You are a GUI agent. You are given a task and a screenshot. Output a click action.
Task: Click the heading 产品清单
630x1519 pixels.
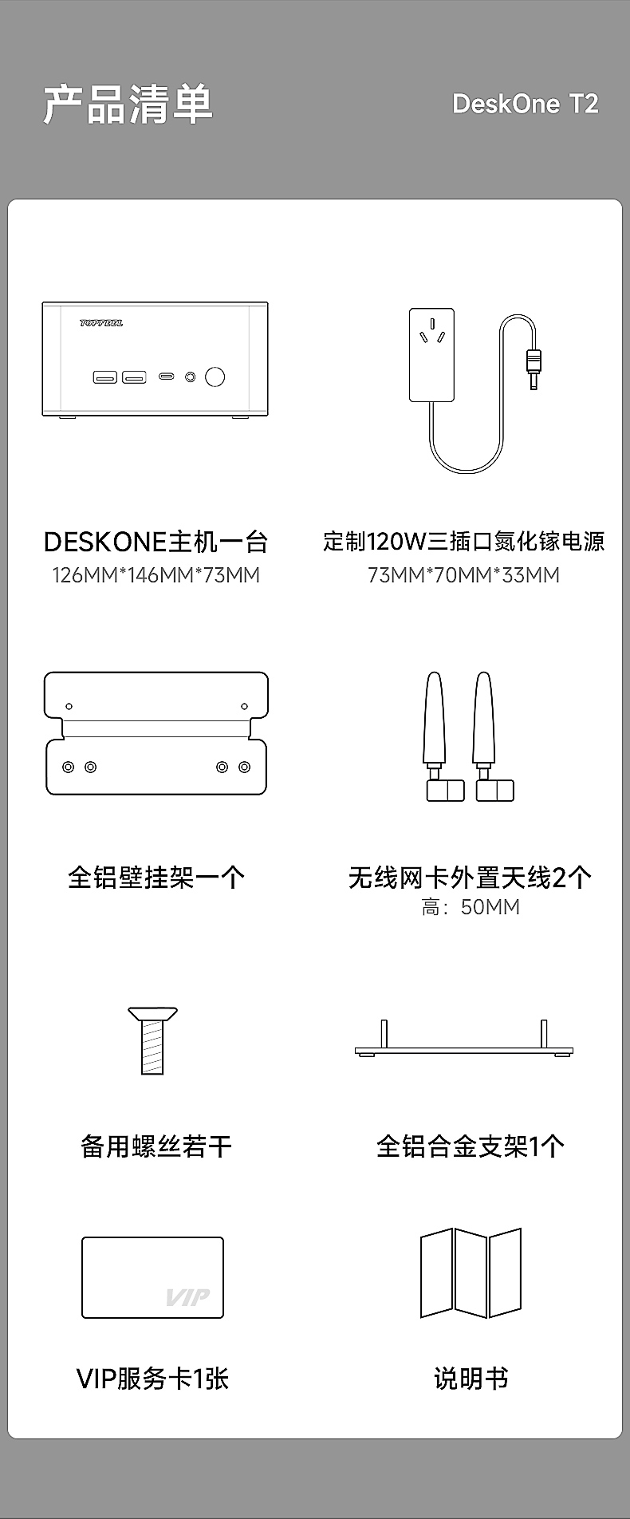[x=128, y=104]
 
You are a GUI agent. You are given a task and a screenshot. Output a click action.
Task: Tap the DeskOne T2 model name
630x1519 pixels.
[x=525, y=104]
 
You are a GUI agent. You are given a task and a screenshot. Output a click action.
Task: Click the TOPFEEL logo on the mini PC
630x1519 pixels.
[x=101, y=323]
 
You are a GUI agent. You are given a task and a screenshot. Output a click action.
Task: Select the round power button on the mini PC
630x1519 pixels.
[x=215, y=377]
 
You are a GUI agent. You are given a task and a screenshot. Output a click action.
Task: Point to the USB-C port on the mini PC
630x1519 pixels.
[x=167, y=377]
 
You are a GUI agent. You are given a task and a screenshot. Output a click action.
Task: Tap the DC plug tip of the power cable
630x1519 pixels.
[x=534, y=371]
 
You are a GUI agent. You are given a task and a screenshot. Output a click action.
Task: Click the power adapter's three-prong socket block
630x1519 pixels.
[x=431, y=355]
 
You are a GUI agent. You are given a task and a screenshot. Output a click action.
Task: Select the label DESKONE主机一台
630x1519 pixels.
[x=156, y=542]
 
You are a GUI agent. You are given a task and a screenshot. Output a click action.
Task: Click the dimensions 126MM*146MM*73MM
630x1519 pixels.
[x=156, y=575]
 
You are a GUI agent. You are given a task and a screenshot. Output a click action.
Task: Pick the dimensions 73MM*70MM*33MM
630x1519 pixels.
[x=463, y=575]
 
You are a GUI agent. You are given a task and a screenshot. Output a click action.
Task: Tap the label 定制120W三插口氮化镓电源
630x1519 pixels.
[x=463, y=542]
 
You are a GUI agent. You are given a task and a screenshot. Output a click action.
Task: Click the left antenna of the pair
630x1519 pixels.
[x=435, y=734]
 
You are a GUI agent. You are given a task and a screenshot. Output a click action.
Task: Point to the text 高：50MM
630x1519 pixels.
[x=471, y=907]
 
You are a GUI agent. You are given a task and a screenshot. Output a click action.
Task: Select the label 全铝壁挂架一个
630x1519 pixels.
[x=156, y=878]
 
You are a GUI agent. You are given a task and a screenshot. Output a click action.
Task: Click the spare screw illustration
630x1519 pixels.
[x=152, y=1041]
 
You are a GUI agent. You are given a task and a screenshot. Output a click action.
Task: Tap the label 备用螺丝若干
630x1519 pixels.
[x=156, y=1146]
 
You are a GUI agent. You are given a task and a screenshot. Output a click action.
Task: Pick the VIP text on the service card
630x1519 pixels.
[x=187, y=1296]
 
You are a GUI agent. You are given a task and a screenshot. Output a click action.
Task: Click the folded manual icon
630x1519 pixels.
[x=471, y=1273]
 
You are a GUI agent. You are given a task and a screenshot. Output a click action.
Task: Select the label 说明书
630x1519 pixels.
[x=471, y=1379]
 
